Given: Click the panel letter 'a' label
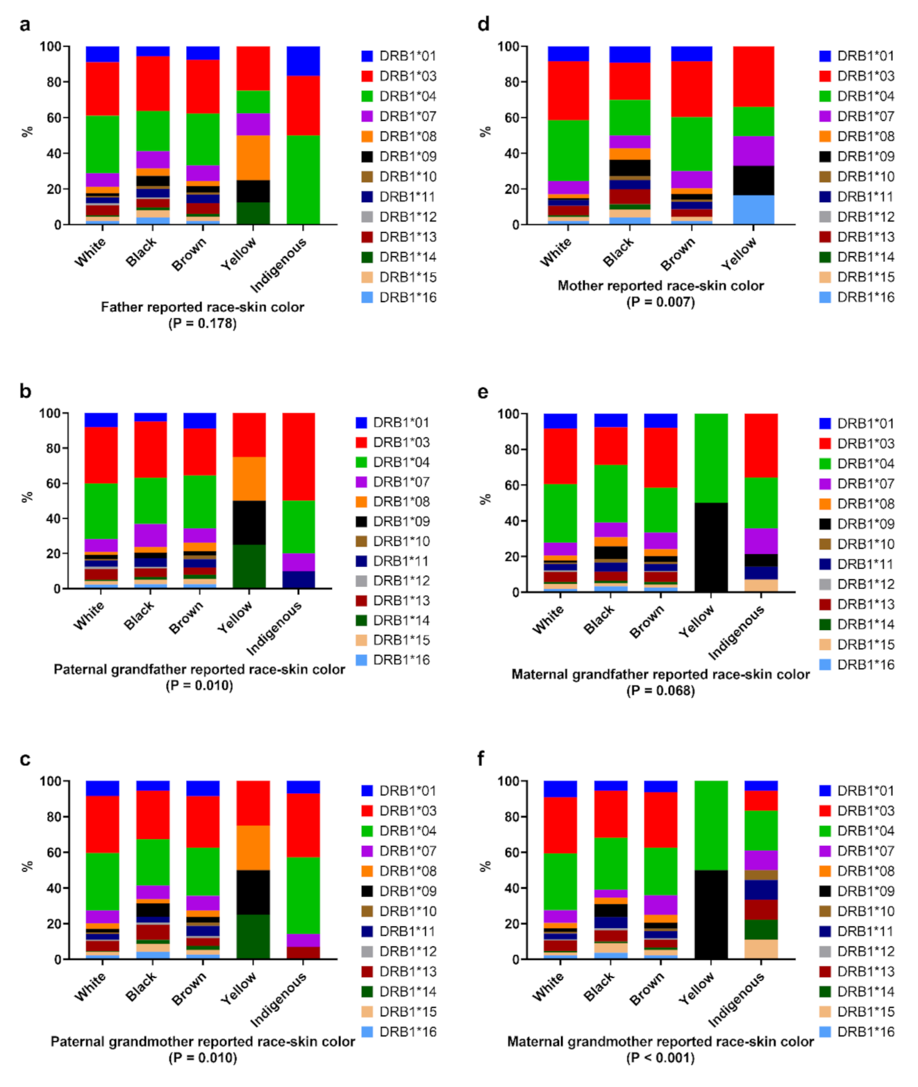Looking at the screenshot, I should [x=25, y=25].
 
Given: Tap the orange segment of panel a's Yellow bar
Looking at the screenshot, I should [x=253, y=158].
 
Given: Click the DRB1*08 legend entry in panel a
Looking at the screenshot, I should [x=399, y=136].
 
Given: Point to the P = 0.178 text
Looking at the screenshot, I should [x=202, y=323].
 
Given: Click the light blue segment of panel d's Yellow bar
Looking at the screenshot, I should [x=753, y=210].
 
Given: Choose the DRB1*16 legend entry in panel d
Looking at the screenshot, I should [x=857, y=297].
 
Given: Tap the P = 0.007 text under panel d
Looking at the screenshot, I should [x=660, y=301].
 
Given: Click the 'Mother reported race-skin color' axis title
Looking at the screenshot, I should [x=660, y=285].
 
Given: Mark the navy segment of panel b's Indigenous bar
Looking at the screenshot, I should [x=299, y=579].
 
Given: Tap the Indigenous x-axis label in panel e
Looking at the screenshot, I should [x=736, y=632].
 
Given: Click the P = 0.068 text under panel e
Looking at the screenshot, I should [x=660, y=690].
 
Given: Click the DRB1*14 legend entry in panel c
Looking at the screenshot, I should [x=399, y=991].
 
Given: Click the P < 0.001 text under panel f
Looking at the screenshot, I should [x=660, y=1058].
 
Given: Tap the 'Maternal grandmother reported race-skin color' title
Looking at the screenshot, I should [x=660, y=1041].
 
